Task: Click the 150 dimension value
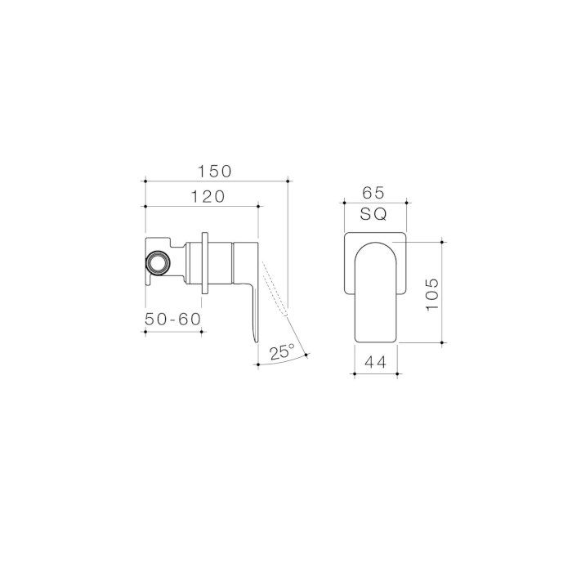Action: click(215, 172)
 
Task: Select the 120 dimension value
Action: click(208, 197)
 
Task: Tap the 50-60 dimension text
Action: click(173, 320)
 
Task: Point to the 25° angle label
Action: click(282, 351)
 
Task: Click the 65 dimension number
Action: click(373, 193)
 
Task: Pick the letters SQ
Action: click(373, 214)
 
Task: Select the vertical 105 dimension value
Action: click(432, 294)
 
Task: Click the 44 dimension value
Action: click(375, 362)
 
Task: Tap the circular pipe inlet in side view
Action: click(157, 262)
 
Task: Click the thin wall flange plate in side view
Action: click(204, 262)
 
